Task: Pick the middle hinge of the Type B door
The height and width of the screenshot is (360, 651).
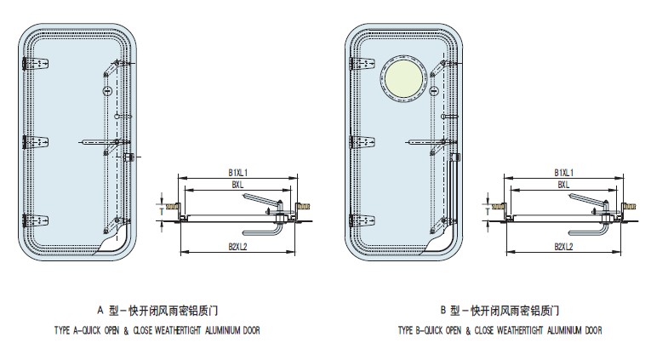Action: click(x=358, y=141)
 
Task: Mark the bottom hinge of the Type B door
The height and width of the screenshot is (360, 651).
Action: click(x=358, y=217)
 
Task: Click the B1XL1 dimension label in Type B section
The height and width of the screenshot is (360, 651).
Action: click(x=564, y=172)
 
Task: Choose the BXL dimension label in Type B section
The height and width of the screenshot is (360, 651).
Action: click(x=564, y=184)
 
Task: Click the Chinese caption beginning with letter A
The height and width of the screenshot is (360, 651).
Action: click(x=162, y=310)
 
